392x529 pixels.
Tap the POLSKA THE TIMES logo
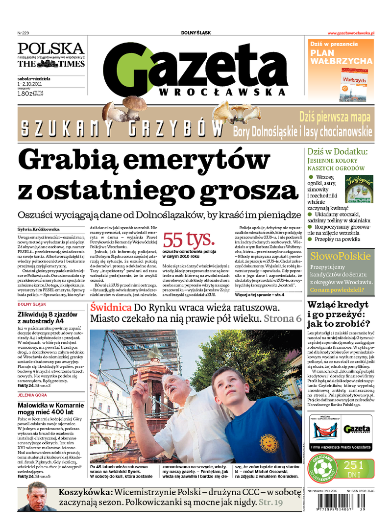point(51,55)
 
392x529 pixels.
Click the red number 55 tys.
point(189,240)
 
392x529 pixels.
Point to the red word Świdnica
point(111,308)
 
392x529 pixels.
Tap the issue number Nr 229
point(24,33)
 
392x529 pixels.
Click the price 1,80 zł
point(26,93)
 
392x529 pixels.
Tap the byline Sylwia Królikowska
point(38,229)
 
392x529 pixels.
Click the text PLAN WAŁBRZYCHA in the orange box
point(341,56)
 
